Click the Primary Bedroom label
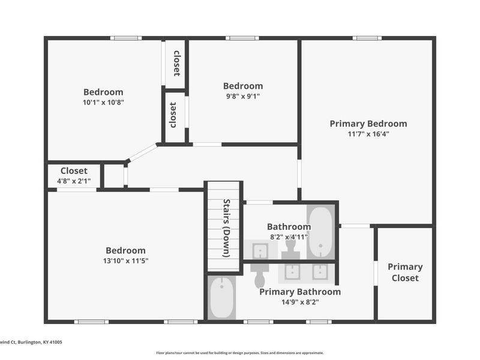[368, 124]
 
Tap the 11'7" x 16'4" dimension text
[368, 134]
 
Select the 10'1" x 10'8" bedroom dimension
[103, 102]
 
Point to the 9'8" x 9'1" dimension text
[243, 96]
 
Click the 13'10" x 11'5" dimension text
[125, 261]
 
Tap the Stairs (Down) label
[227, 228]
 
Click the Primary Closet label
[405, 272]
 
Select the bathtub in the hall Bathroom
[320, 232]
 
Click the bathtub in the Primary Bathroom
[221, 298]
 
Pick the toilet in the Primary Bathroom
[260, 275]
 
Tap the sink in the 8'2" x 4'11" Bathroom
[260, 250]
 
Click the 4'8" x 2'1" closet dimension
[74, 181]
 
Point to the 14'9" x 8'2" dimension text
[300, 302]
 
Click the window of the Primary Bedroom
[367, 38]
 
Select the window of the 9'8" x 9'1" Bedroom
[242, 38]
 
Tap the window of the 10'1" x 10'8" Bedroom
[126, 38]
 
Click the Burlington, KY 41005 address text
[40, 342]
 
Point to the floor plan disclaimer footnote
[239, 353]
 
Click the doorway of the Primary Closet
[376, 273]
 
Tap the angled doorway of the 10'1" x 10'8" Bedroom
[142, 152]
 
